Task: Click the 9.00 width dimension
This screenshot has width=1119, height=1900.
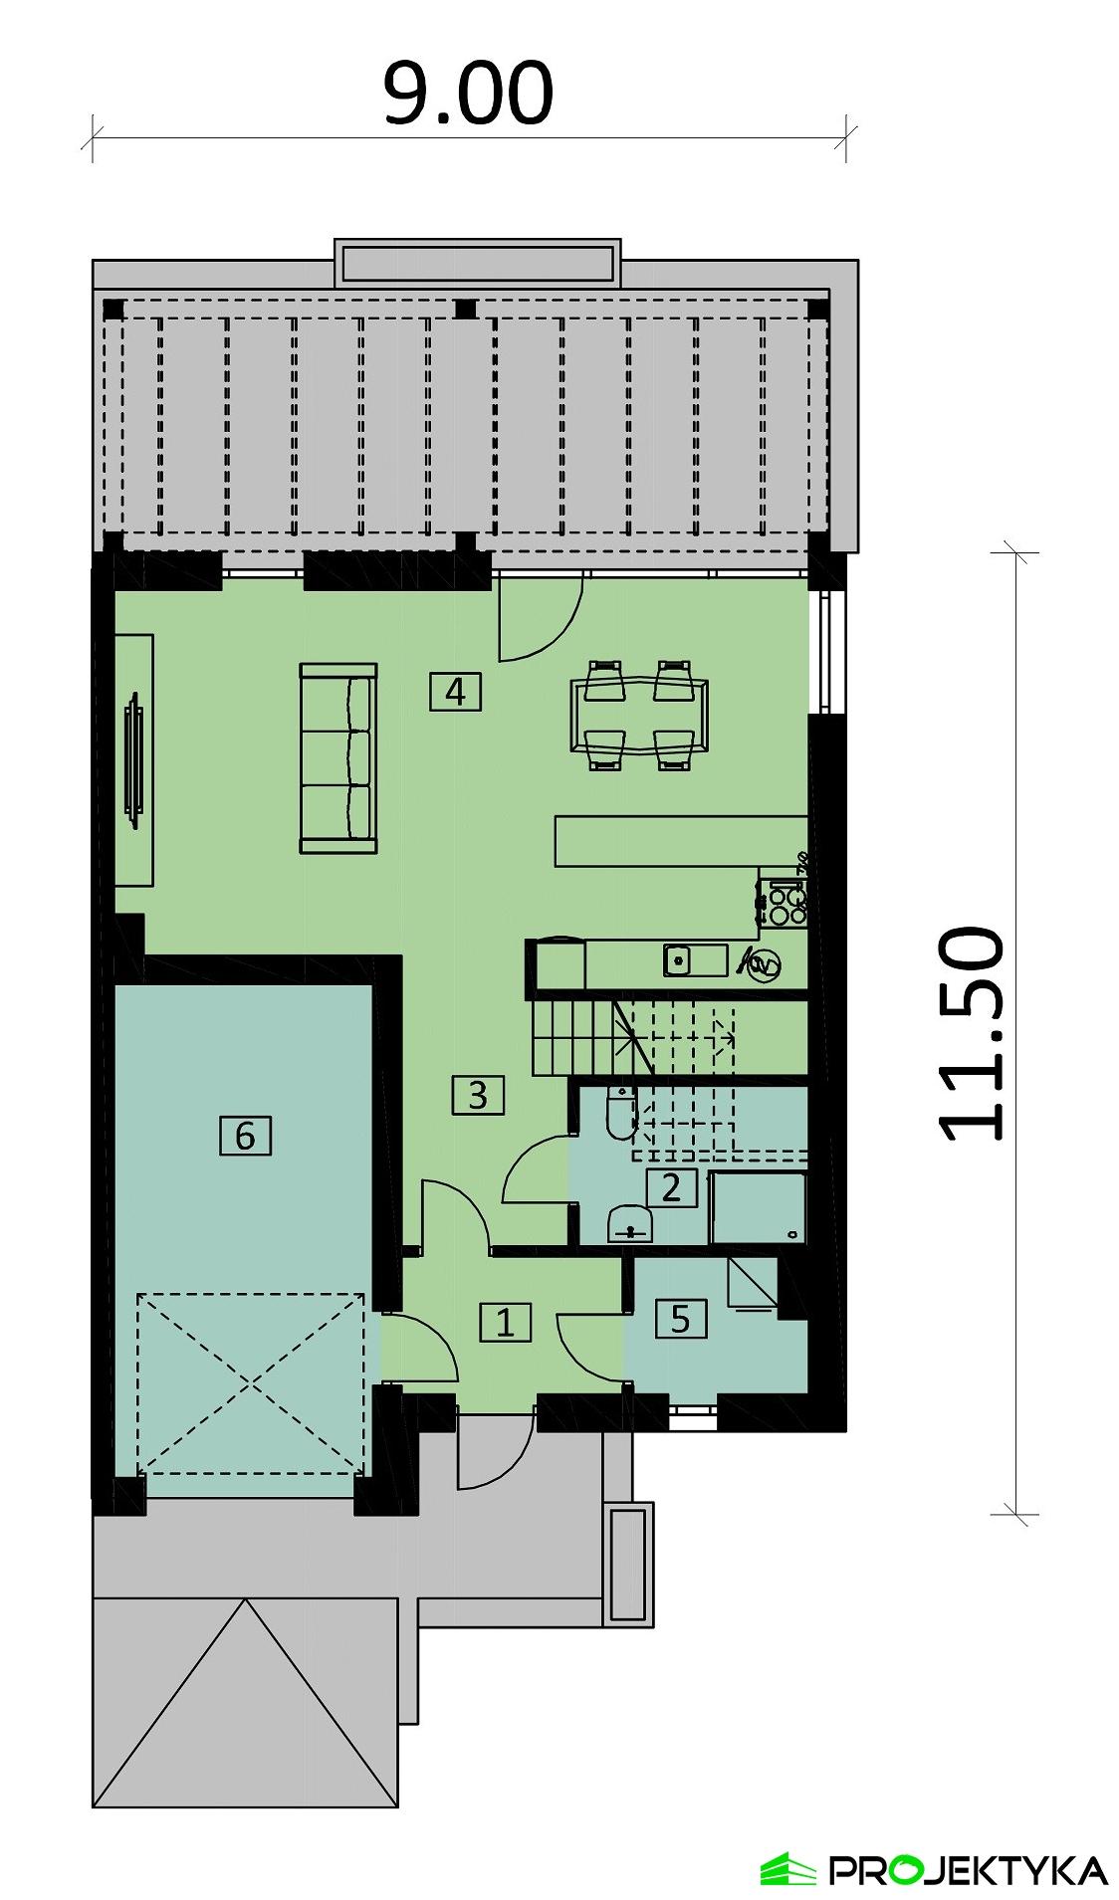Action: [468, 95]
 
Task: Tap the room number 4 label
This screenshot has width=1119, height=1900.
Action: [455, 691]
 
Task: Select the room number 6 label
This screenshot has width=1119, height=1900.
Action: [245, 1135]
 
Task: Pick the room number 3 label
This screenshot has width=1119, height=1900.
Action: [478, 1095]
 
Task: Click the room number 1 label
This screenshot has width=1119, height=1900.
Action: [506, 1323]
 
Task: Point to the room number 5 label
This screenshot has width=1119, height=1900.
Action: [681, 1319]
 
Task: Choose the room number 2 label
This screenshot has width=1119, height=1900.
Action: [671, 1187]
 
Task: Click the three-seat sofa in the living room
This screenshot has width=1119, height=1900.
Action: [338, 758]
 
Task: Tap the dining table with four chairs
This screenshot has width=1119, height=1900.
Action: [639, 714]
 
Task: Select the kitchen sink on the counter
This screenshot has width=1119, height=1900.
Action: [678, 961]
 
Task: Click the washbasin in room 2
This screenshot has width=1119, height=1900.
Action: [629, 1223]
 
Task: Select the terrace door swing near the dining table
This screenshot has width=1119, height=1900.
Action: [538, 622]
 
